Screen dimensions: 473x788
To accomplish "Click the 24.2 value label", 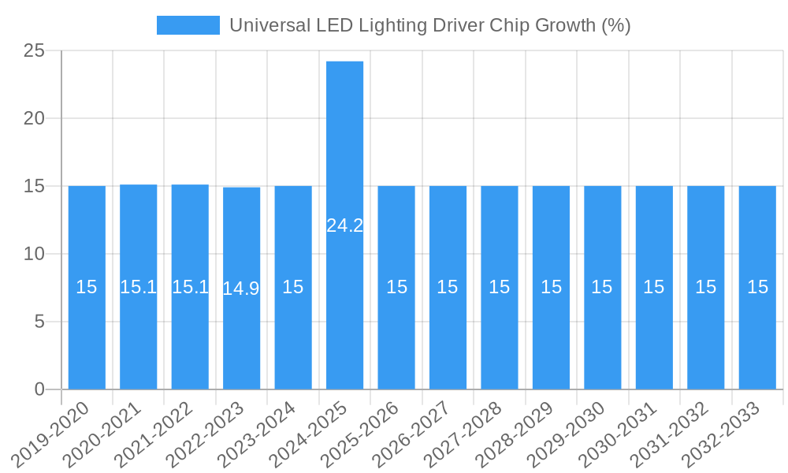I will click(x=344, y=225).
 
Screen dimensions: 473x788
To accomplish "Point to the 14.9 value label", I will click(x=241, y=289).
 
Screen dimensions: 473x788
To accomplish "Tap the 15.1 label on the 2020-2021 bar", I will click(x=138, y=287).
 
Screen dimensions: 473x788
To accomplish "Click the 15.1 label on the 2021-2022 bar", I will click(x=190, y=287).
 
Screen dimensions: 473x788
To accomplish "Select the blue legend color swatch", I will click(x=188, y=25).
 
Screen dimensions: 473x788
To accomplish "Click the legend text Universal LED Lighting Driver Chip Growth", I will click(x=429, y=25).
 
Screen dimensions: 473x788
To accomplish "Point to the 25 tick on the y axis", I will click(x=34, y=51).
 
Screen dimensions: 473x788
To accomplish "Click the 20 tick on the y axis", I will click(x=34, y=118).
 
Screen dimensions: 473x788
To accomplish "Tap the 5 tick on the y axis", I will click(x=39, y=322).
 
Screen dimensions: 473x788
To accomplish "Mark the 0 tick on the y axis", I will click(x=39, y=389).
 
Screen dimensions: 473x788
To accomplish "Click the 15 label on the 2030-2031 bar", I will click(x=654, y=287).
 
